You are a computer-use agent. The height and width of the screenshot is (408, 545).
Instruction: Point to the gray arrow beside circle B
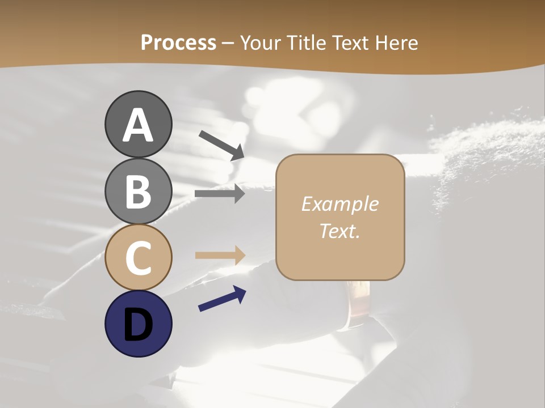(x=220, y=194)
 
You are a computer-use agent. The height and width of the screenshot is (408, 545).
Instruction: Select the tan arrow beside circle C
(x=220, y=255)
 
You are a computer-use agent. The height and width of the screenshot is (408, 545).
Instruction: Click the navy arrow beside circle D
(x=222, y=299)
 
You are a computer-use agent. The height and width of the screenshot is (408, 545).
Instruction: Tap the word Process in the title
(x=178, y=43)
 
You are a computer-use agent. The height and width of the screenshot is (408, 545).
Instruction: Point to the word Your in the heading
(x=260, y=43)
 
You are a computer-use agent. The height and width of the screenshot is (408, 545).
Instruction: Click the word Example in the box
(x=339, y=204)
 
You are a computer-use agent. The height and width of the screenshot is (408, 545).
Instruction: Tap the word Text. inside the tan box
(x=339, y=231)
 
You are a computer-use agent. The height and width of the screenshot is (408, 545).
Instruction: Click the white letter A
(x=138, y=125)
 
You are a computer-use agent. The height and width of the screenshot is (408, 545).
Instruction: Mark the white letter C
(x=138, y=258)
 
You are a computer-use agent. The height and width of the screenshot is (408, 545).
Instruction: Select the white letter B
(x=138, y=192)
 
